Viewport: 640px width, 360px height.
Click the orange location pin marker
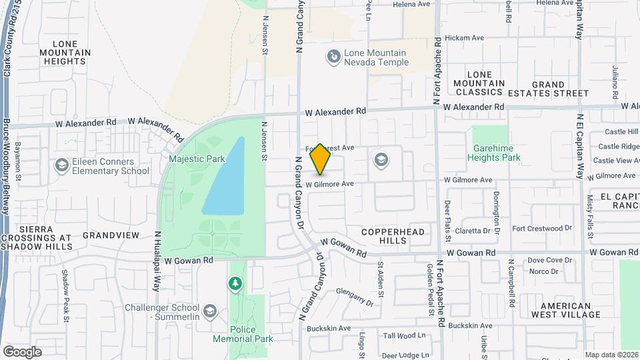[320, 159]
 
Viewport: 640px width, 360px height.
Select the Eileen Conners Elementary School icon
[61, 165]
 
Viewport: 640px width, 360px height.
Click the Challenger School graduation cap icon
[210, 311]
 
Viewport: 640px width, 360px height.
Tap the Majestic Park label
[197, 159]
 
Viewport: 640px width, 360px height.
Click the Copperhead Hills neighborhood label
[393, 235]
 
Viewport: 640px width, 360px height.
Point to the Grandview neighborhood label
[111, 235]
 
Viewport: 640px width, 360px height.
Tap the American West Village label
[561, 310]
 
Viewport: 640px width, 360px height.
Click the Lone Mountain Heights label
[65, 52]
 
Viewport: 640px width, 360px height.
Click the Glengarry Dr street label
[355, 297]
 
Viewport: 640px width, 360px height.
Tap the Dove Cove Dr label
[551, 260]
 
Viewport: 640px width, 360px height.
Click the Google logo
[22, 352]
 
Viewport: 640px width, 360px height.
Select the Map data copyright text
[611, 355]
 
